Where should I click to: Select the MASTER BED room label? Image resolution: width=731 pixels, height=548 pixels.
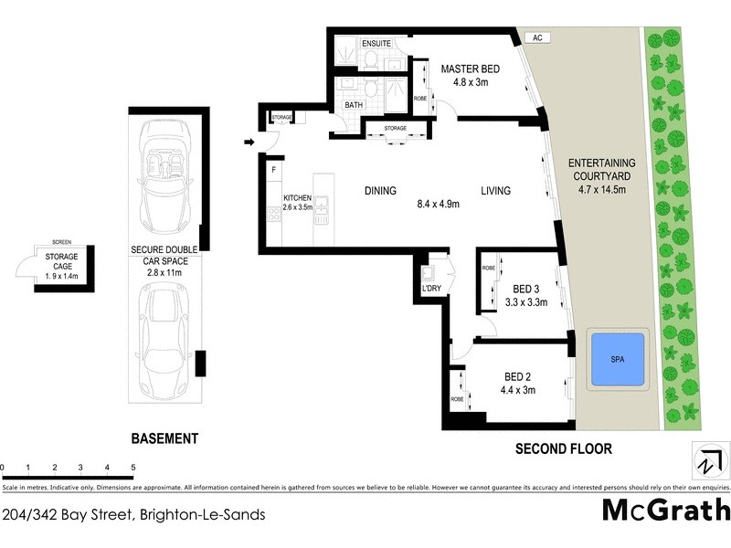click(470, 68)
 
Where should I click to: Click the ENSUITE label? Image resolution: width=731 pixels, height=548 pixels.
click(376, 43)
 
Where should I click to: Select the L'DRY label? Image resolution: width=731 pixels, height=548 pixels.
click(431, 290)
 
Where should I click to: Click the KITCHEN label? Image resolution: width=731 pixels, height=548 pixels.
click(298, 198)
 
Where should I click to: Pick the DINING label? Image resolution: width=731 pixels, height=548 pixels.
click(380, 191)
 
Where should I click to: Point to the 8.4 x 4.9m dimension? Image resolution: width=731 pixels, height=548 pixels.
click(438, 204)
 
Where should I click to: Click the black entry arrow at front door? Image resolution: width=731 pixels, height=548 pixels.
click(249, 142)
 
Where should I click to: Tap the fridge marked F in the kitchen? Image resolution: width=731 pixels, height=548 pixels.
click(273, 170)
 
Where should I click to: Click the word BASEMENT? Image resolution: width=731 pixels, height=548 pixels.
click(164, 438)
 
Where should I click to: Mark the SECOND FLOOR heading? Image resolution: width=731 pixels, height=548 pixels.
click(564, 448)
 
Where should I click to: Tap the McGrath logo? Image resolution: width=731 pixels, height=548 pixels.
click(665, 509)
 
